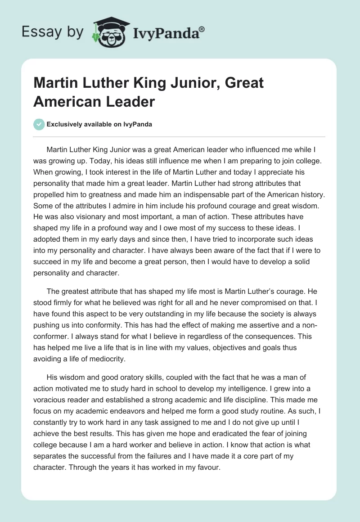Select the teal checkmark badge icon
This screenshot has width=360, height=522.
[x=39, y=124]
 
